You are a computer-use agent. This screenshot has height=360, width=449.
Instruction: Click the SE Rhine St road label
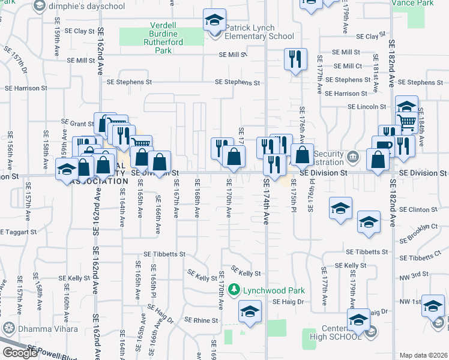[201, 320]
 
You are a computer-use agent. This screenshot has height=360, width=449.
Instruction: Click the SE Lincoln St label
[366, 107]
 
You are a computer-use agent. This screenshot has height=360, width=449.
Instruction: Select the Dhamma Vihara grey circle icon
[8, 328]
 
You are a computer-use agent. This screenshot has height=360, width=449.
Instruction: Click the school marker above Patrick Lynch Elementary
[214, 21]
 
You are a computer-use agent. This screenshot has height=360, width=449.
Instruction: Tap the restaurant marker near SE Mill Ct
[294, 59]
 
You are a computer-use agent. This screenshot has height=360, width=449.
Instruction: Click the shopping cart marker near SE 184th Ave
[408, 124]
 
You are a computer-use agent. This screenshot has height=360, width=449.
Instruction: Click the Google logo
[20, 353]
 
